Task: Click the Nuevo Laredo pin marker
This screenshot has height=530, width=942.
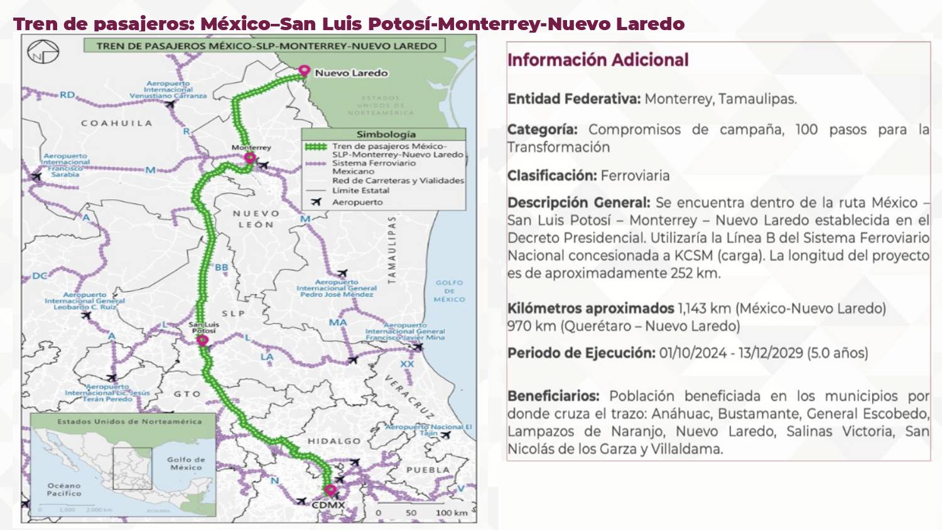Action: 305,71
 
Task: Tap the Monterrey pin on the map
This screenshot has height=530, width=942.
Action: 250,158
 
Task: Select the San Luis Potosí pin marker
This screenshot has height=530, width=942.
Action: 202,340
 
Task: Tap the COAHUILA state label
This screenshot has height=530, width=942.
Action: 116,123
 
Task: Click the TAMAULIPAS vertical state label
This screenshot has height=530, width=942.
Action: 392,250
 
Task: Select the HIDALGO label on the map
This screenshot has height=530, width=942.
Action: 334,441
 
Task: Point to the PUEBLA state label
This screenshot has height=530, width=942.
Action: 428,470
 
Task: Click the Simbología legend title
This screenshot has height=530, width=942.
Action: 386,134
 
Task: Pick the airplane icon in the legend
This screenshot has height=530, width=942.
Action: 316,202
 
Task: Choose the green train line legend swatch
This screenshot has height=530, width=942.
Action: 316,147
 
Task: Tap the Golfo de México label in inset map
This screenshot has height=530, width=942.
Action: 186,463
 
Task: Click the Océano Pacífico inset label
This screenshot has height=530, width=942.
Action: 64,489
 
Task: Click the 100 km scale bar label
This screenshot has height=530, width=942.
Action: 452,512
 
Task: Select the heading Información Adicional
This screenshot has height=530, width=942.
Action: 598,60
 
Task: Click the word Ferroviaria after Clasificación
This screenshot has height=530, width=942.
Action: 635,175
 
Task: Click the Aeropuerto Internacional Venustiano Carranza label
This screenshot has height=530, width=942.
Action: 168,89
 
